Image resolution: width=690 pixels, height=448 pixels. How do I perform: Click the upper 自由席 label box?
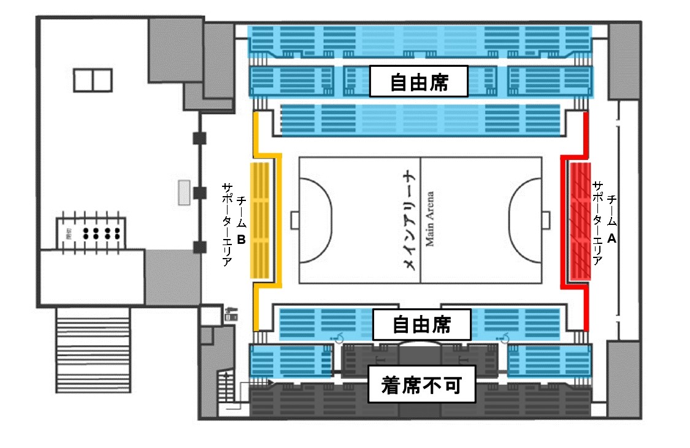coord(419,82)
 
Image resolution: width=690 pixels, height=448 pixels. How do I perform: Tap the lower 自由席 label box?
coord(422,324)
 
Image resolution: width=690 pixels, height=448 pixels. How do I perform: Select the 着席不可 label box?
coord(422,386)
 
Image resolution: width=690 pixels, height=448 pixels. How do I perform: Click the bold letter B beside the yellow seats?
coord(241,240)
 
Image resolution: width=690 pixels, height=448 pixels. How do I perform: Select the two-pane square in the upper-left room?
coord(93,80)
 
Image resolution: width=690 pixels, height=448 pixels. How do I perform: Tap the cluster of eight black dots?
coord(100,232)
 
